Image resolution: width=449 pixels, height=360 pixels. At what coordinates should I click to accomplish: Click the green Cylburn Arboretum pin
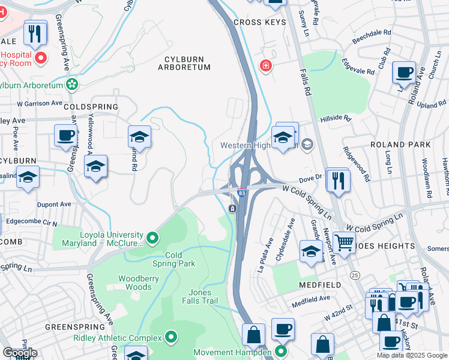tap(73, 85)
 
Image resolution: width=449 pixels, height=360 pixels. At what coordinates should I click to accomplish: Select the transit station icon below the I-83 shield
tap(232, 208)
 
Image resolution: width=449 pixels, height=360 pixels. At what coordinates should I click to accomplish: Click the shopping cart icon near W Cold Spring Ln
tap(344, 242)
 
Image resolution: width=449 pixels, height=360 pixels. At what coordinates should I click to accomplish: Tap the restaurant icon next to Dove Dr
tap(339, 179)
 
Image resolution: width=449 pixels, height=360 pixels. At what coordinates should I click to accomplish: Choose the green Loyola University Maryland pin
tap(152, 239)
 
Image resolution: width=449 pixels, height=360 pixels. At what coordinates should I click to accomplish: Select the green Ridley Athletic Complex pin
tap(171, 338)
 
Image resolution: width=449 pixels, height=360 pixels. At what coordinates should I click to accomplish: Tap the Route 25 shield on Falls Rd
tap(355, 275)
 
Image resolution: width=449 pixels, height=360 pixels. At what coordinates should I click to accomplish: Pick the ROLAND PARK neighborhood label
tap(400, 145)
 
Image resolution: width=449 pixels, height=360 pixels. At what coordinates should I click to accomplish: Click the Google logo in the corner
tap(20, 353)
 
